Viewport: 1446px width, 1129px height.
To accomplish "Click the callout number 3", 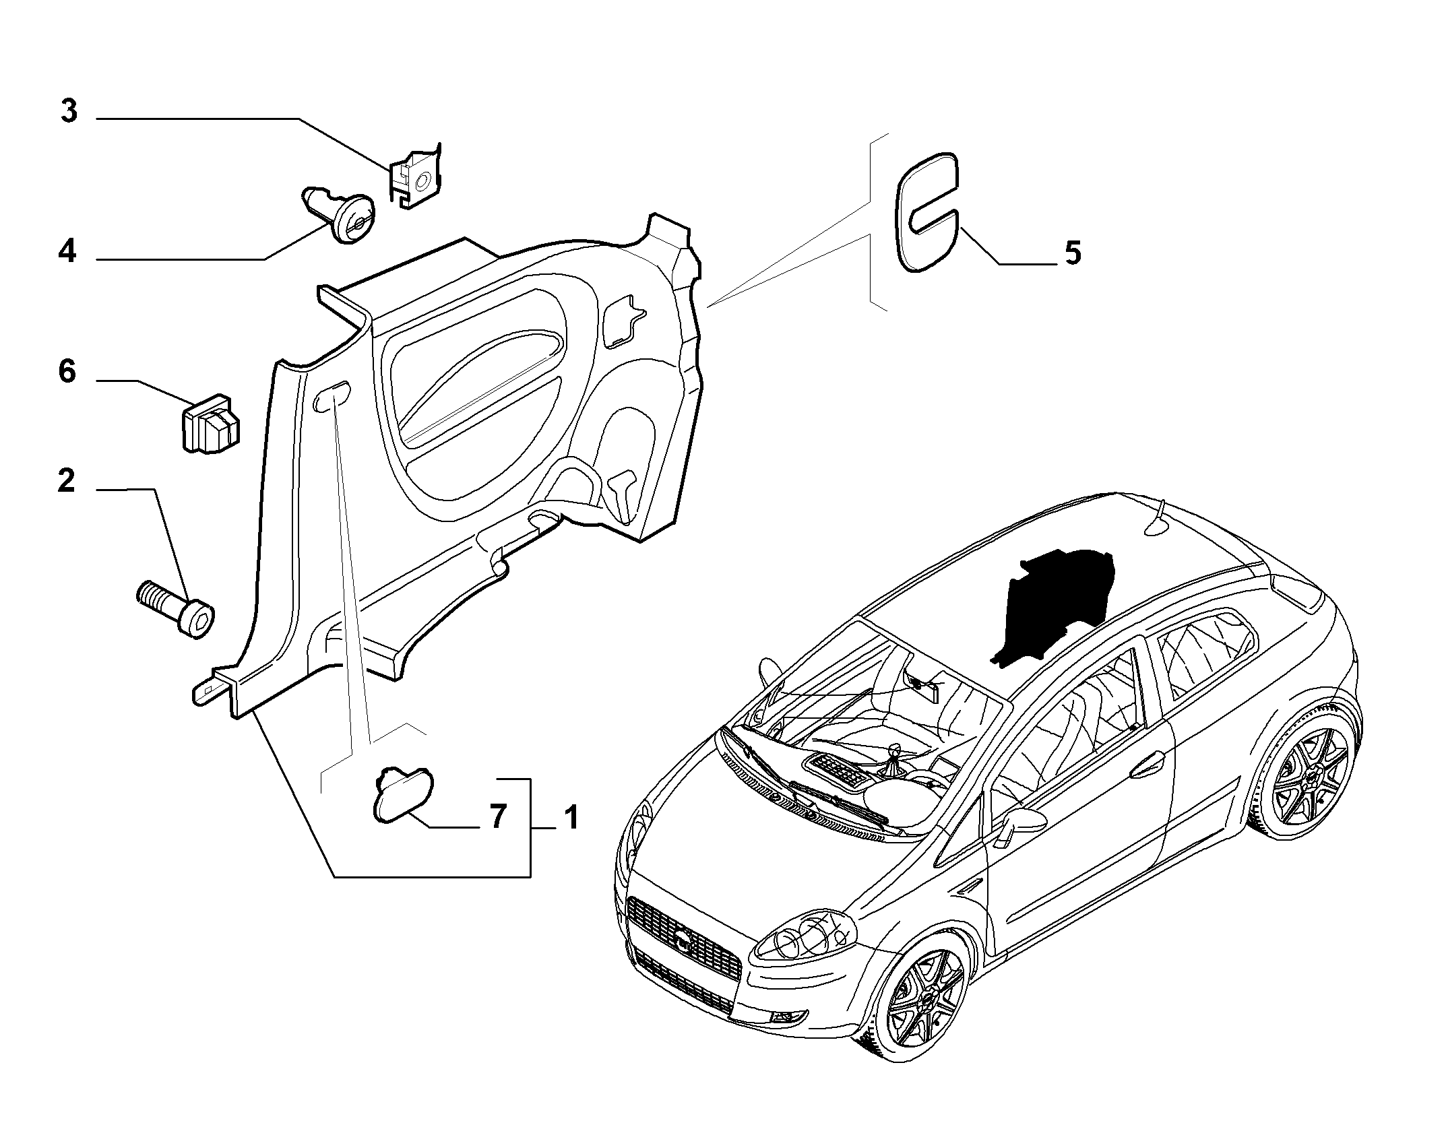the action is (69, 112).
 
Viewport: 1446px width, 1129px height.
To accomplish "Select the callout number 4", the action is (67, 252).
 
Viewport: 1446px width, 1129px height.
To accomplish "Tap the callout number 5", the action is (1072, 253).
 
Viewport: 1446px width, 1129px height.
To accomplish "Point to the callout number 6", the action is (67, 372).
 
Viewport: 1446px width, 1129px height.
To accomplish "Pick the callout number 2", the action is (67, 481).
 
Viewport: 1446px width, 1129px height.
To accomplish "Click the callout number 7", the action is (497, 817).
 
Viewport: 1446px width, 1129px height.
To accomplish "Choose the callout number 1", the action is (571, 818).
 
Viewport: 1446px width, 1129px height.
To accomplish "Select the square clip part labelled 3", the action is (415, 177).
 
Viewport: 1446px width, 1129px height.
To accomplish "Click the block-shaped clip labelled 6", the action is (212, 424).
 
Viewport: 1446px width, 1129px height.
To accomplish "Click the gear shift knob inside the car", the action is (896, 750).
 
